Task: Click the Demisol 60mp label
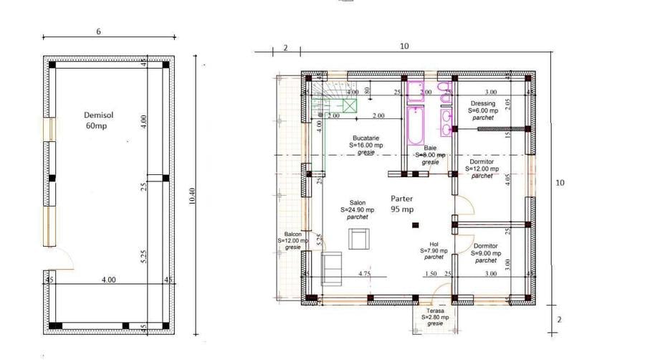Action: pos(96,120)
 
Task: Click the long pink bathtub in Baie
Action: pos(416,125)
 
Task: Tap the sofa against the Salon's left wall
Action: pos(331,268)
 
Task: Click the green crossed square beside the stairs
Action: pos(349,106)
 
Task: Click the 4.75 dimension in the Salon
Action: pos(364,273)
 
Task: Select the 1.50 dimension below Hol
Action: pos(431,273)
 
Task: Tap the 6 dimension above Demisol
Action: pos(98,32)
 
